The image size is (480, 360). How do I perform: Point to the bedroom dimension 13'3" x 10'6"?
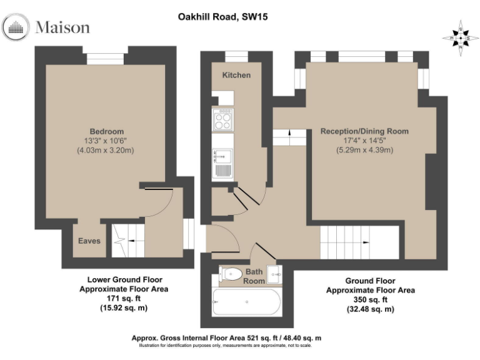105,141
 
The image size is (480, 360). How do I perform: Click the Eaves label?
89,241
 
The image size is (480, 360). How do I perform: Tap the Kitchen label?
236,75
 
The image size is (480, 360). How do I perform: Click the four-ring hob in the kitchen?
222,119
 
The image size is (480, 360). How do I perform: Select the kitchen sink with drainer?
222,164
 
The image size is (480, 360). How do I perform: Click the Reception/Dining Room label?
364,131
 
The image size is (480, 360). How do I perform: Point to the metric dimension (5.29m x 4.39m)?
364,151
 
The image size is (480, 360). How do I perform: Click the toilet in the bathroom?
231,273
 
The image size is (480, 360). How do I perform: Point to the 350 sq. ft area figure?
371,299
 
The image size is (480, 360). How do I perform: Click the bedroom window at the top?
105,58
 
